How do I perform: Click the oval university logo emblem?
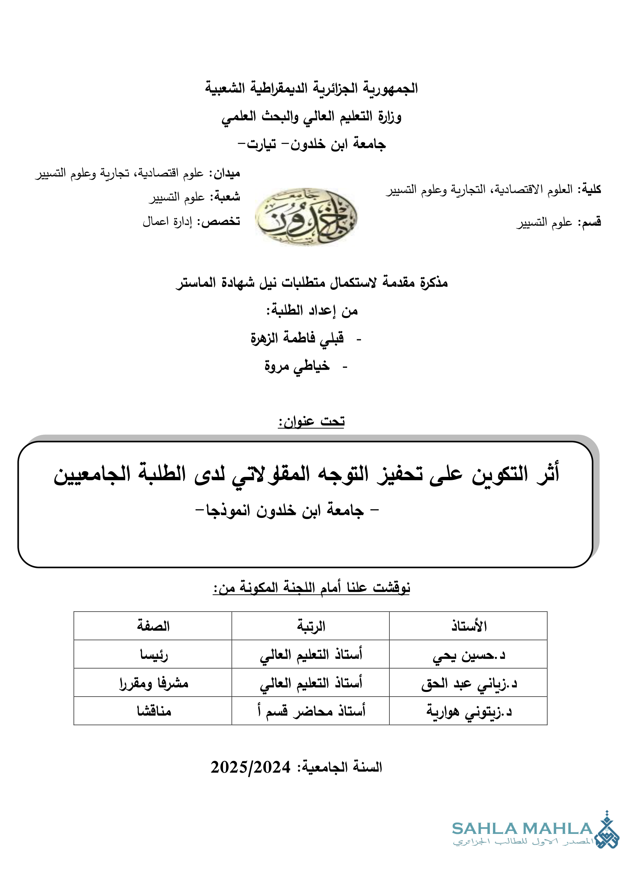point(306,217)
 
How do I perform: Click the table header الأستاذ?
point(469,626)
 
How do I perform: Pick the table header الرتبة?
point(311,626)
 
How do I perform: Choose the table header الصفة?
point(153,626)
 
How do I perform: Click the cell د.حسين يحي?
point(469,655)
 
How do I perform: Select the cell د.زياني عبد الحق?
point(469,683)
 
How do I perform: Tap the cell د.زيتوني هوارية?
point(469,711)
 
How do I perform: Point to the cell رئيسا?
point(153,655)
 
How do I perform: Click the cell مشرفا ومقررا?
point(153,683)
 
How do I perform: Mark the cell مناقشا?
point(153,711)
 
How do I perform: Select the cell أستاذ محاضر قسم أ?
point(311,711)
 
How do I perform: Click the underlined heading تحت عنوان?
point(311,422)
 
